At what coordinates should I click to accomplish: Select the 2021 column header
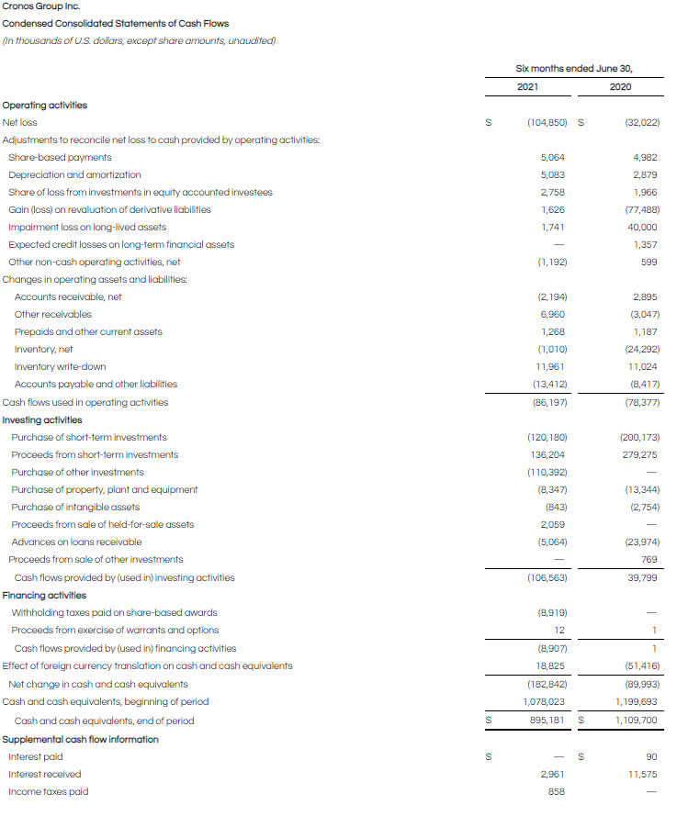coord(527,87)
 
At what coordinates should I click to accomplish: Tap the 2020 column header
coord(620,87)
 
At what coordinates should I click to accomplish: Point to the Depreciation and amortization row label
coord(74,174)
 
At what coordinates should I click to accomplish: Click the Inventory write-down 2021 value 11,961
coord(553,366)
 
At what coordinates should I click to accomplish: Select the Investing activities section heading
coord(42,419)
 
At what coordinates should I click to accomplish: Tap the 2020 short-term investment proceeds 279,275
coord(639,454)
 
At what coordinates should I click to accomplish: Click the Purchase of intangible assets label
coord(75,507)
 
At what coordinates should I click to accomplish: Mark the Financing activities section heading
coord(44,595)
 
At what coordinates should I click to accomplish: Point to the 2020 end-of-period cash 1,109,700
coord(636,721)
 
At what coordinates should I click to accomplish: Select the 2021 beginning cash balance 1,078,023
coord(545,701)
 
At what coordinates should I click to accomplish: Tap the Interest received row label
coord(44,774)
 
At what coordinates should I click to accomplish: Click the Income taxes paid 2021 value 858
coord(557,791)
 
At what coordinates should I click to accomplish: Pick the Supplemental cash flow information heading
coord(81,739)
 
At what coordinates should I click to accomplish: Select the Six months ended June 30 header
coord(574,68)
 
